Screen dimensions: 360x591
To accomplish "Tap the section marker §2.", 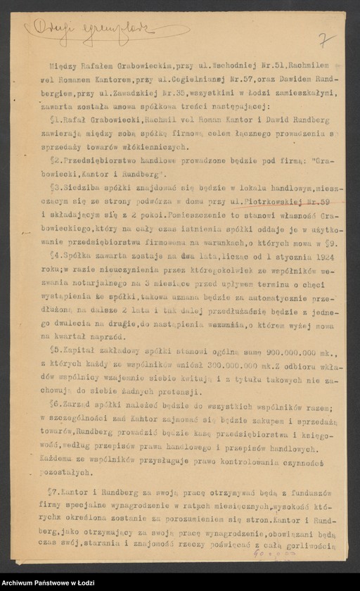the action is point(56,161).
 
